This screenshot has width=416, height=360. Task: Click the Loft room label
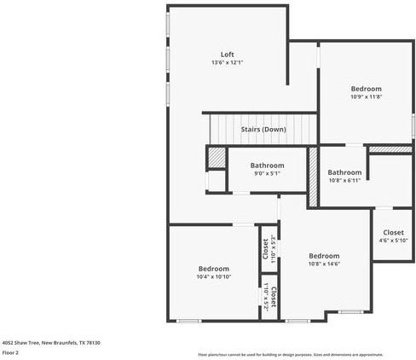point(228,55)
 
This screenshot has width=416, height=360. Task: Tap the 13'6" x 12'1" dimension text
point(228,63)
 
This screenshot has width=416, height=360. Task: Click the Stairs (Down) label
point(263,129)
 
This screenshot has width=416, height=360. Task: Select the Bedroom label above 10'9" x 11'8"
point(366,89)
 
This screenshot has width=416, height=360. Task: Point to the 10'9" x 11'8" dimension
point(366,97)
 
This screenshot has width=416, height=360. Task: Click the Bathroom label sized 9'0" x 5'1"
point(266,165)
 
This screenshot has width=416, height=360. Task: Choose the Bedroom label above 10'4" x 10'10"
point(214,268)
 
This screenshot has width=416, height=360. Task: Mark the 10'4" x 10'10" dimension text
point(214,276)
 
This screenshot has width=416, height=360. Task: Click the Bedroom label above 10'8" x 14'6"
point(324,256)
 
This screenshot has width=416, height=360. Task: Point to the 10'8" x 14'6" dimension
point(324,264)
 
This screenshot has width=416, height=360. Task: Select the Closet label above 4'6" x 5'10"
point(393,232)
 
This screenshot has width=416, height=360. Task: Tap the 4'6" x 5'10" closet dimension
point(393,241)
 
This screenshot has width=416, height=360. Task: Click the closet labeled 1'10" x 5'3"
point(269,247)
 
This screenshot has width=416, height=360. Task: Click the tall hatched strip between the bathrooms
point(312,176)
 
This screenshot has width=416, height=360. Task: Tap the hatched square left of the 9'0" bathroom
point(217,159)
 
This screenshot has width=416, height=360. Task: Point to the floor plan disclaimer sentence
point(290,354)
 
